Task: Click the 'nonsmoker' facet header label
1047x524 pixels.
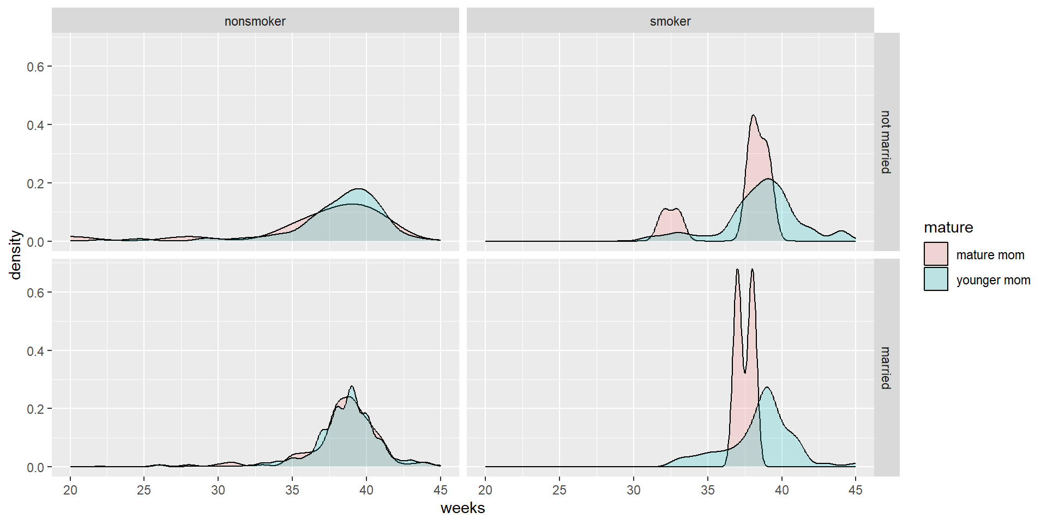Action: pyautogui.click(x=255, y=21)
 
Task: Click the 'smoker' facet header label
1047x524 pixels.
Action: pyautogui.click(x=670, y=21)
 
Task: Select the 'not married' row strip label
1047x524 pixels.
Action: pyautogui.click(x=886, y=142)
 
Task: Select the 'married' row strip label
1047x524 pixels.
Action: pyautogui.click(x=886, y=368)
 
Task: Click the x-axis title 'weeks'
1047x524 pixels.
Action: pyautogui.click(x=462, y=508)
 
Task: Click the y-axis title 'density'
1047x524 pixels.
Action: pyautogui.click(x=15, y=255)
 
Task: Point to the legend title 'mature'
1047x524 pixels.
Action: pyautogui.click(x=948, y=228)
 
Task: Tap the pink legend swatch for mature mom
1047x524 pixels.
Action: pyautogui.click(x=936, y=254)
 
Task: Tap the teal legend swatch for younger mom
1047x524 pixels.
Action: pyautogui.click(x=936, y=279)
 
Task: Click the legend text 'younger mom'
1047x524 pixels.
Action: pyautogui.click(x=993, y=280)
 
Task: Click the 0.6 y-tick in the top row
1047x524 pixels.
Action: pyautogui.click(x=35, y=67)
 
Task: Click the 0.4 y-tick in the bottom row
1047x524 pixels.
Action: pyautogui.click(x=35, y=351)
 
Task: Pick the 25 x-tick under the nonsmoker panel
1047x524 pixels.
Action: pyautogui.click(x=144, y=490)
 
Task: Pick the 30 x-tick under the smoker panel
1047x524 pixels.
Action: pyautogui.click(x=634, y=490)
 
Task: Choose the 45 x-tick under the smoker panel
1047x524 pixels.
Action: pyautogui.click(x=856, y=490)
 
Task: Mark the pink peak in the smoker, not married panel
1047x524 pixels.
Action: pyautogui.click(x=753, y=116)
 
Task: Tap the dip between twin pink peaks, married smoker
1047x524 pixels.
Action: pyautogui.click(x=745, y=372)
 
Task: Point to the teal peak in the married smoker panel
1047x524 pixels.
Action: pyautogui.click(x=767, y=388)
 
